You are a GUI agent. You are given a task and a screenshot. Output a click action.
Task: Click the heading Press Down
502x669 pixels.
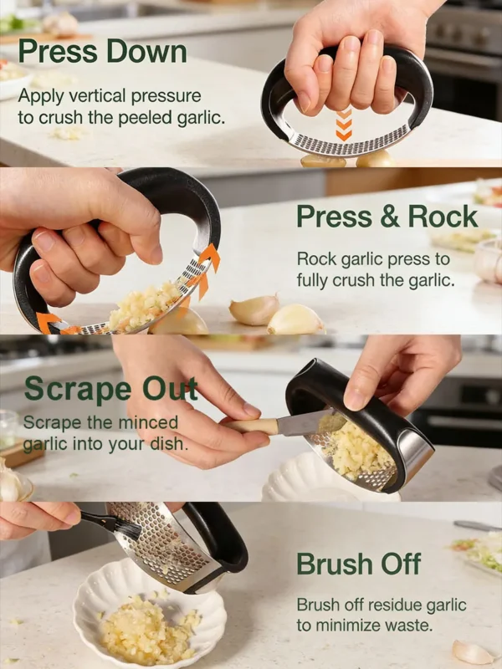tap(102, 52)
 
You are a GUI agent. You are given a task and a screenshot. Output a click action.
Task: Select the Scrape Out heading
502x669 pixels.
tap(110, 390)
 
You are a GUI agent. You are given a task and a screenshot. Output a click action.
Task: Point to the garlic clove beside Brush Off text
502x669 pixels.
tap(473, 651)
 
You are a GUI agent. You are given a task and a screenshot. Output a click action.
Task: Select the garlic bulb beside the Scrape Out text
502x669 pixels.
tap(10, 483)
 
